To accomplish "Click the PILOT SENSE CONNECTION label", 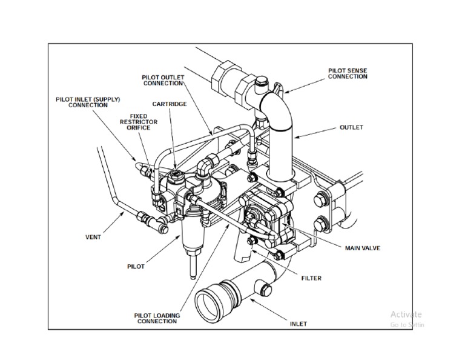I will click(x=348, y=74).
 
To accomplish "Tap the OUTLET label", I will click(x=351, y=128).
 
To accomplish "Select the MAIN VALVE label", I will click(x=362, y=248).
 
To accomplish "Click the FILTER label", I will click(x=311, y=279).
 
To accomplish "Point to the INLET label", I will click(x=298, y=324).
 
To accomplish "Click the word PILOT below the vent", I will click(x=136, y=267).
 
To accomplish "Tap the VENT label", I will click(x=93, y=237).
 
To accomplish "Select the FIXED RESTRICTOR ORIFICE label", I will click(x=138, y=122).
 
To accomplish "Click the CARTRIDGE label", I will click(x=170, y=104).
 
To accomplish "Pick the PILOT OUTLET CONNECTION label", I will click(x=162, y=81).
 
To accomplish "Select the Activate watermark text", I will click(x=406, y=314).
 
